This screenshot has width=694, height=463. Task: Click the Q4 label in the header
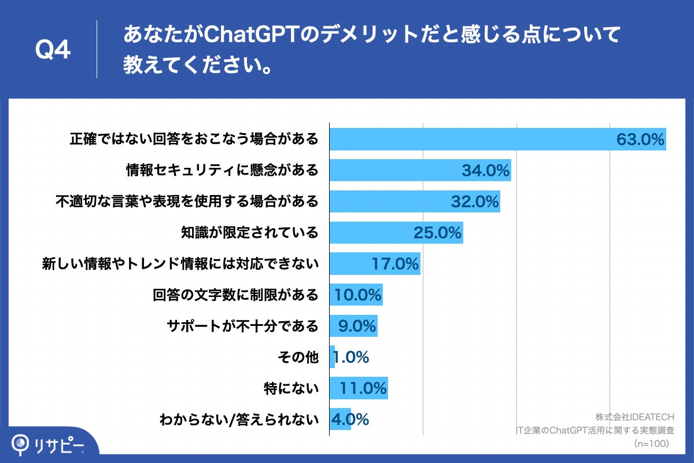[x=53, y=50]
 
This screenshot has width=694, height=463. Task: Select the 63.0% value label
[x=640, y=139]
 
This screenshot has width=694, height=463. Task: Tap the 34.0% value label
[x=485, y=171]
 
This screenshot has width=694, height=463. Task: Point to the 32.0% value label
[x=475, y=202]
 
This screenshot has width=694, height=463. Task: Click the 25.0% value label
[x=437, y=233]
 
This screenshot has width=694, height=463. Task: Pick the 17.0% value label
[x=395, y=264]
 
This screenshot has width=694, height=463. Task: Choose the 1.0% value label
[x=352, y=358]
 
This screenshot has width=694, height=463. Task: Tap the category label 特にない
[x=291, y=389]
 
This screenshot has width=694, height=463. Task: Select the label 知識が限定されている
[x=249, y=233]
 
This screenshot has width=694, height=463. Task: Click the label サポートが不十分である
[x=243, y=326]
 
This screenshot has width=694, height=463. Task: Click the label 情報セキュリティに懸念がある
[x=223, y=171]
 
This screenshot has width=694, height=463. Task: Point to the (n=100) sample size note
[x=651, y=443]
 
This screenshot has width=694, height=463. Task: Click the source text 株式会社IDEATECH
[x=635, y=417]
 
